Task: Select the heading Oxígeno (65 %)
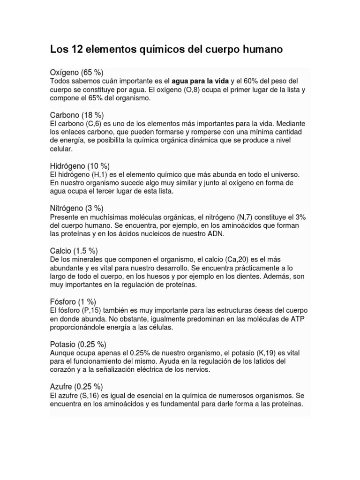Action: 76,72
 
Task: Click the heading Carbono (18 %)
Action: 77,115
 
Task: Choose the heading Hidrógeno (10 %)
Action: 80,166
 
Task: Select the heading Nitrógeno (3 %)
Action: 77,208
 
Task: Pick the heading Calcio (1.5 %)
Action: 74,251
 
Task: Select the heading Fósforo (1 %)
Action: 73,302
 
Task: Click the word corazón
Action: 64,369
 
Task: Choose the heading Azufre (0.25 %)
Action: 76,387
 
